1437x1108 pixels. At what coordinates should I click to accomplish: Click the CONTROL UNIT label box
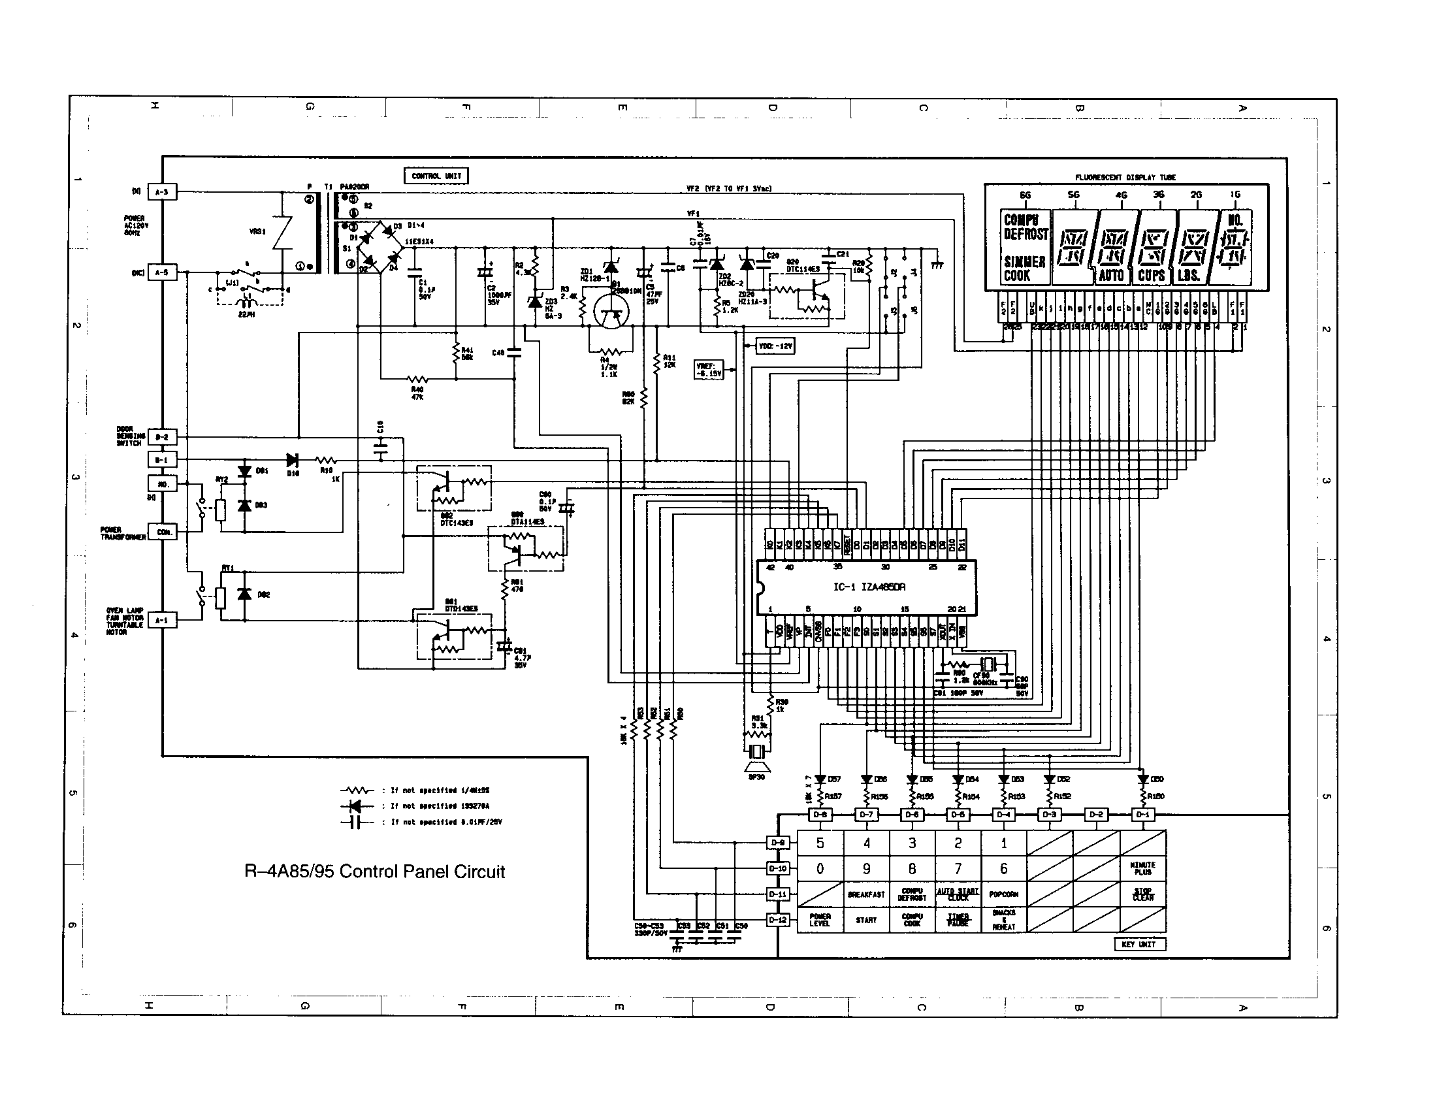point(436,176)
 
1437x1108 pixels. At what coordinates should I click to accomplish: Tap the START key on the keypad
point(866,920)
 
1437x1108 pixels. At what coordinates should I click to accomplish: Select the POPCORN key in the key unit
point(1003,894)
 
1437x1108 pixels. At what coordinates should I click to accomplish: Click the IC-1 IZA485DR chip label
point(869,586)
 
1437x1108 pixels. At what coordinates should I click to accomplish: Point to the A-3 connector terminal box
point(162,192)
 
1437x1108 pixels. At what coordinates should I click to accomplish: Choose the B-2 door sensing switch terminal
point(162,437)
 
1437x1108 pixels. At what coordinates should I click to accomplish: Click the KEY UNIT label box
point(1139,944)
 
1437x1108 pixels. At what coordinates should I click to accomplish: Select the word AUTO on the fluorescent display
point(1111,275)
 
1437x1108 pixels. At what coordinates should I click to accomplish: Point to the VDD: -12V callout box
point(776,346)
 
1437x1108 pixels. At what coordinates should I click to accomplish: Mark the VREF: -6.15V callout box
point(709,370)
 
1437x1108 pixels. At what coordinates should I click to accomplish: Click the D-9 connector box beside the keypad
point(778,843)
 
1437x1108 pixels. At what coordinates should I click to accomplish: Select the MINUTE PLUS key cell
point(1143,868)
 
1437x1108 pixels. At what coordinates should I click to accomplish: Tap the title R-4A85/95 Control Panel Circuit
point(374,872)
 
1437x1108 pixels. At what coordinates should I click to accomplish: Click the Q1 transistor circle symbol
point(611,312)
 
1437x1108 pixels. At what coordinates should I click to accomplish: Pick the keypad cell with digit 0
point(820,868)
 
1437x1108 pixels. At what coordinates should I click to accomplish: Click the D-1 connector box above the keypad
point(1143,815)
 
